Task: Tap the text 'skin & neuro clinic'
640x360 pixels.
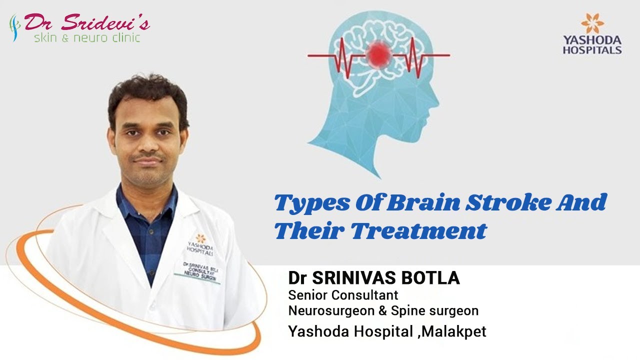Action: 87,38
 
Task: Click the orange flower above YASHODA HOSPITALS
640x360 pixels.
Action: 592,23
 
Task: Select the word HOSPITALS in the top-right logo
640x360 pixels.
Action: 592,50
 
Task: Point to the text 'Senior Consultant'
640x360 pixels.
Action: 343,295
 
